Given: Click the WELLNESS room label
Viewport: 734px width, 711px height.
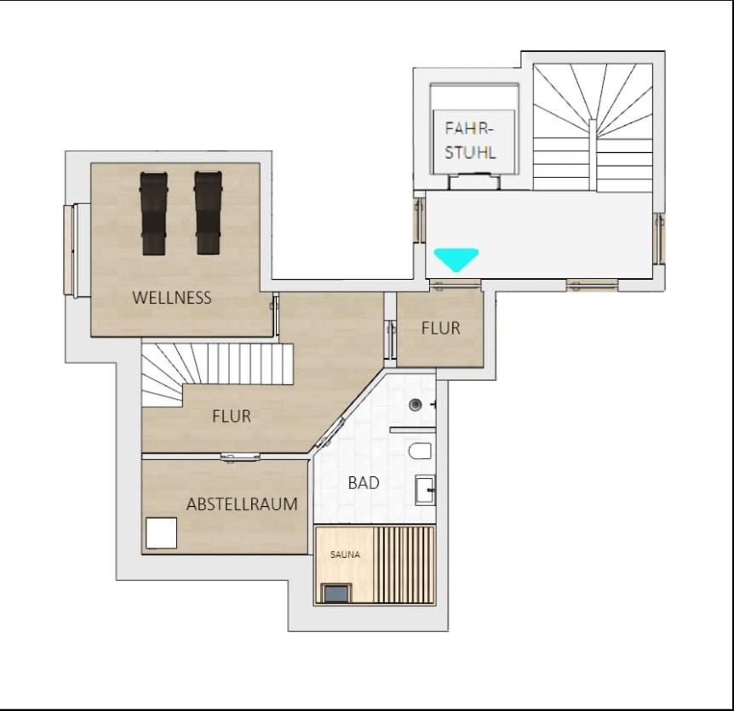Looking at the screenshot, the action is coord(172,298).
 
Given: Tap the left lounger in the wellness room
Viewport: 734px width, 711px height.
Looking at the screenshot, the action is coord(153,213).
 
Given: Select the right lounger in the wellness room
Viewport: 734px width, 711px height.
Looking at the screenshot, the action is coord(208,213).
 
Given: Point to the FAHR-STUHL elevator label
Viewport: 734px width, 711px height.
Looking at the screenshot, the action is coord(469,140).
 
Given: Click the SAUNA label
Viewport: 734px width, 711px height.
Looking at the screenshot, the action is coord(345,555).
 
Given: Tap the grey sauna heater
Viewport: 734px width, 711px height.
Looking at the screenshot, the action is coord(335,593).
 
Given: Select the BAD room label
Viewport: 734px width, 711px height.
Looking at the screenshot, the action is coord(364,483).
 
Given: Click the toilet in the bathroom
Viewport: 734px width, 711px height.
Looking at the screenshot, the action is coord(419,452).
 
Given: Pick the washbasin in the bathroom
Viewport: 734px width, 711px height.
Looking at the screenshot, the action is coord(425,490).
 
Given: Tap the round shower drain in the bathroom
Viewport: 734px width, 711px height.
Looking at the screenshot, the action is coord(416,405).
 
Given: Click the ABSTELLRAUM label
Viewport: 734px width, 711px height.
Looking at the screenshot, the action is coord(242,504).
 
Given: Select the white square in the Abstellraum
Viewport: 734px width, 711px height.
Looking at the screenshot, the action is coord(162,533).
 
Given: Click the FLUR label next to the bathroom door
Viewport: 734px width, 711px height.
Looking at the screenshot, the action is coord(232,416).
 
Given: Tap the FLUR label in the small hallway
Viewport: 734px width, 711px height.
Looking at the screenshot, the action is coord(440,328).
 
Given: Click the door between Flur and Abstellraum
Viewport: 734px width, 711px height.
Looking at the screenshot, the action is coord(240,458).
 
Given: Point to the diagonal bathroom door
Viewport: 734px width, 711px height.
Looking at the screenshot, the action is coord(332,432).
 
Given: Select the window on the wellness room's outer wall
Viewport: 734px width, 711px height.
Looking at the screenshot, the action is coord(70,251).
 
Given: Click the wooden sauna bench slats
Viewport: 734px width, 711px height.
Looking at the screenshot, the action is coord(407,566).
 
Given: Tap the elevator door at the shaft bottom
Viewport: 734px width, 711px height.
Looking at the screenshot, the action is coord(474,181).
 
